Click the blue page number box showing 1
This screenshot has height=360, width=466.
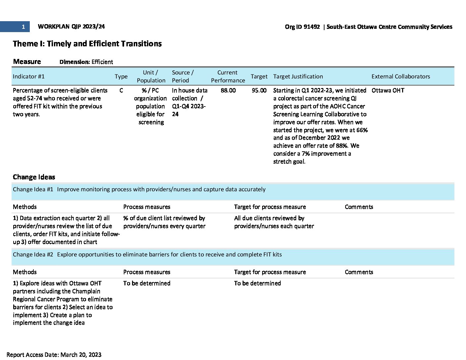[x=15, y=27]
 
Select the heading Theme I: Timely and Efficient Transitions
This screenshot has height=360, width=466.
[x=87, y=44]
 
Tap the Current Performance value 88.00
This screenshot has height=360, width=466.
[x=228, y=90]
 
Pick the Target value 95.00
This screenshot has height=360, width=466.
[x=259, y=90]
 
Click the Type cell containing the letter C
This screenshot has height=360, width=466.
[x=121, y=90]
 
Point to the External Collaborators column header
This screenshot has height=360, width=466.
[x=400, y=76]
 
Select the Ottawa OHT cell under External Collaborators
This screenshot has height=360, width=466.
[x=388, y=90]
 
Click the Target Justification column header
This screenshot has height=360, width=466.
[x=298, y=76]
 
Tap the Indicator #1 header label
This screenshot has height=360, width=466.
[x=28, y=76]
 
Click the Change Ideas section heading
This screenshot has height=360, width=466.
[x=34, y=177]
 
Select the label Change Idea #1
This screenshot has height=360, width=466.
[x=33, y=189]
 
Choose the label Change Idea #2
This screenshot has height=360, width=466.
[x=33, y=254]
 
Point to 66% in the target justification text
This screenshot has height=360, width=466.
[x=362, y=130]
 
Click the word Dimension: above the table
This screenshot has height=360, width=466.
[x=74, y=62]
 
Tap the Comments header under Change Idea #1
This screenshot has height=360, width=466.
[x=359, y=207]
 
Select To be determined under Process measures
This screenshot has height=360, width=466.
[x=147, y=283]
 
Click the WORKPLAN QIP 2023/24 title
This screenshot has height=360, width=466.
[x=71, y=27]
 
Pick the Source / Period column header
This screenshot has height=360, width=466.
[x=183, y=76]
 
